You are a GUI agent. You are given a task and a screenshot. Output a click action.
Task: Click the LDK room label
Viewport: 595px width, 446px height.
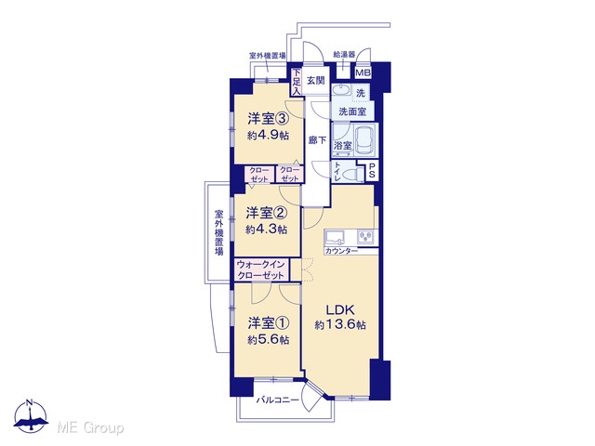click(x=340, y=309)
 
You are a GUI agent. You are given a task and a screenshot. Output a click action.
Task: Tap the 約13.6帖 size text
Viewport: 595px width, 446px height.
click(x=340, y=325)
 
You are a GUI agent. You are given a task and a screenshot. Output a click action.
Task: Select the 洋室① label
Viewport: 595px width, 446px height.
click(x=269, y=323)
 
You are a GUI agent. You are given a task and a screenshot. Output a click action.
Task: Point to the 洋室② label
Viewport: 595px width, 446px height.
click(x=267, y=213)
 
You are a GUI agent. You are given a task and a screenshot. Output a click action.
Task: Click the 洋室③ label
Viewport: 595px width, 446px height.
click(x=269, y=119)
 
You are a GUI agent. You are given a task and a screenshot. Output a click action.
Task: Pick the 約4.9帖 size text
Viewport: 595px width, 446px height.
click(x=269, y=135)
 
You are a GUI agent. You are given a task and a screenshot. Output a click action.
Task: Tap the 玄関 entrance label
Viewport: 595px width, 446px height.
click(x=316, y=81)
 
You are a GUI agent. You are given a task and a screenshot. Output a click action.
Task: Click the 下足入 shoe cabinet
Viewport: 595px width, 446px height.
click(x=297, y=82)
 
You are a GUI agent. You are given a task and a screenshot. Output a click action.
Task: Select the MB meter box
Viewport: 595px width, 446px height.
click(x=364, y=72)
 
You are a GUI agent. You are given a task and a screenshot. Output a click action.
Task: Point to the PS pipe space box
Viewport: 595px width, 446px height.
click(x=372, y=170)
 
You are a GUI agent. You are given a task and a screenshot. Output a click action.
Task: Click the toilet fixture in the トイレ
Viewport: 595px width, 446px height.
click(x=350, y=175)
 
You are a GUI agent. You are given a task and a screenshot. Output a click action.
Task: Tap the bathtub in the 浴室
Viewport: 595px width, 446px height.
click(x=364, y=140)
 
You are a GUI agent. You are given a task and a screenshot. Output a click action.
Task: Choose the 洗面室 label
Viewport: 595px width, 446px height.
click(x=352, y=111)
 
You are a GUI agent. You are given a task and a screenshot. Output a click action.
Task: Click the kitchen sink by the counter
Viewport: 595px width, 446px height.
click(x=335, y=237)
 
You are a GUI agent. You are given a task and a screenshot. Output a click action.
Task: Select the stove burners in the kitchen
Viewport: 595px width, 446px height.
click(x=365, y=237)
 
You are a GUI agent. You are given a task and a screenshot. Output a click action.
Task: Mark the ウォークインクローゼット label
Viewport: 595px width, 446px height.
click(x=260, y=269)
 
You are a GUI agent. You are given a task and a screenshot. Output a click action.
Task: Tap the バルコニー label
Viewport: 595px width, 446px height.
click(x=277, y=400)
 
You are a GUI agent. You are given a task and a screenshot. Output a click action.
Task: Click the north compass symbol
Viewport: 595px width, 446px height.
click(x=31, y=415)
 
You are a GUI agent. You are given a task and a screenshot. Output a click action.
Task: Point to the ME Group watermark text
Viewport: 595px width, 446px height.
click(x=90, y=428)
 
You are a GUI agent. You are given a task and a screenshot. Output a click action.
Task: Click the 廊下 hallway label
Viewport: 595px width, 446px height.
click(x=317, y=140)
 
